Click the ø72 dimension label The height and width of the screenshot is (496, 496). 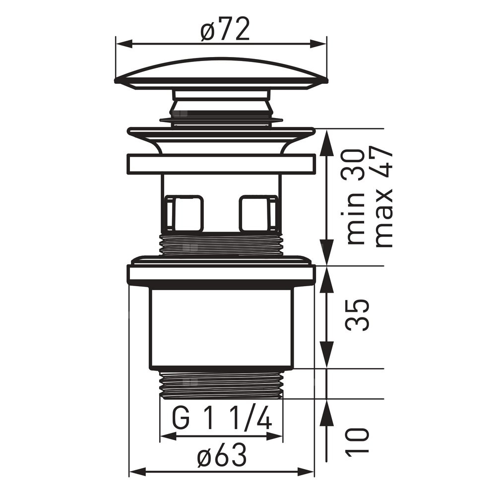pos(225,29)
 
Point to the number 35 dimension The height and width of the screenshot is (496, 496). pos(358,315)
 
